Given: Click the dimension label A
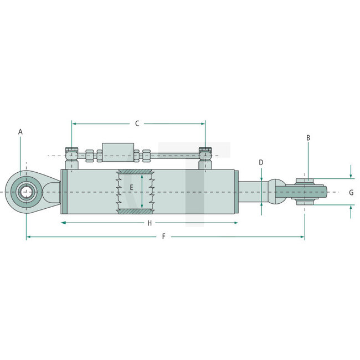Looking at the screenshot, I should coord(20,132).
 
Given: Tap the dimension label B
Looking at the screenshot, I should coord(308,137).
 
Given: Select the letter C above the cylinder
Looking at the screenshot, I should coord(137,124).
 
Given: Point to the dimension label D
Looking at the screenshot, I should coord(261,162).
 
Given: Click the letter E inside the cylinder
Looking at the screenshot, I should coord(132,188).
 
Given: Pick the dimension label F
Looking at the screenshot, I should coord(163,236).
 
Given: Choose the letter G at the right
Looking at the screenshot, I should coord(351,192).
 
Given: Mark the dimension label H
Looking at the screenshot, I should coord(149,223).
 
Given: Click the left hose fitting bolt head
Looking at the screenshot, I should coord(71,151).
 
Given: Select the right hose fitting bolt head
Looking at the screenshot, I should coord(205,151).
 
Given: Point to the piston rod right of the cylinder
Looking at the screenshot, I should coord(252,192).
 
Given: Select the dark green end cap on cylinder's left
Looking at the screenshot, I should coord(64,192).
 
